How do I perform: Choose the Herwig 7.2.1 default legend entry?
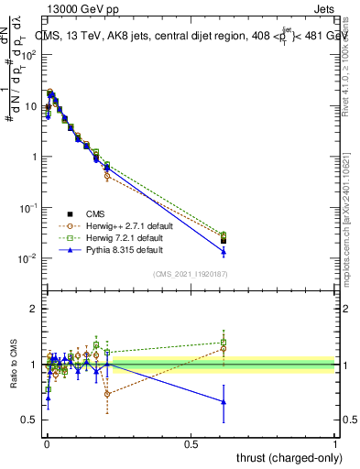pos(115,237)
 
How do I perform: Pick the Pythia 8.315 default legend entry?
pos(112,249)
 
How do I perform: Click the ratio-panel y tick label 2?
pos(34,309)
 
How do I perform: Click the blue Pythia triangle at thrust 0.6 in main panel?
pos(224,251)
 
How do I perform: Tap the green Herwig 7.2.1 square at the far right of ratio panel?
pos(224,343)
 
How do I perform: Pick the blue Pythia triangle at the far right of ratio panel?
pos(224,401)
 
